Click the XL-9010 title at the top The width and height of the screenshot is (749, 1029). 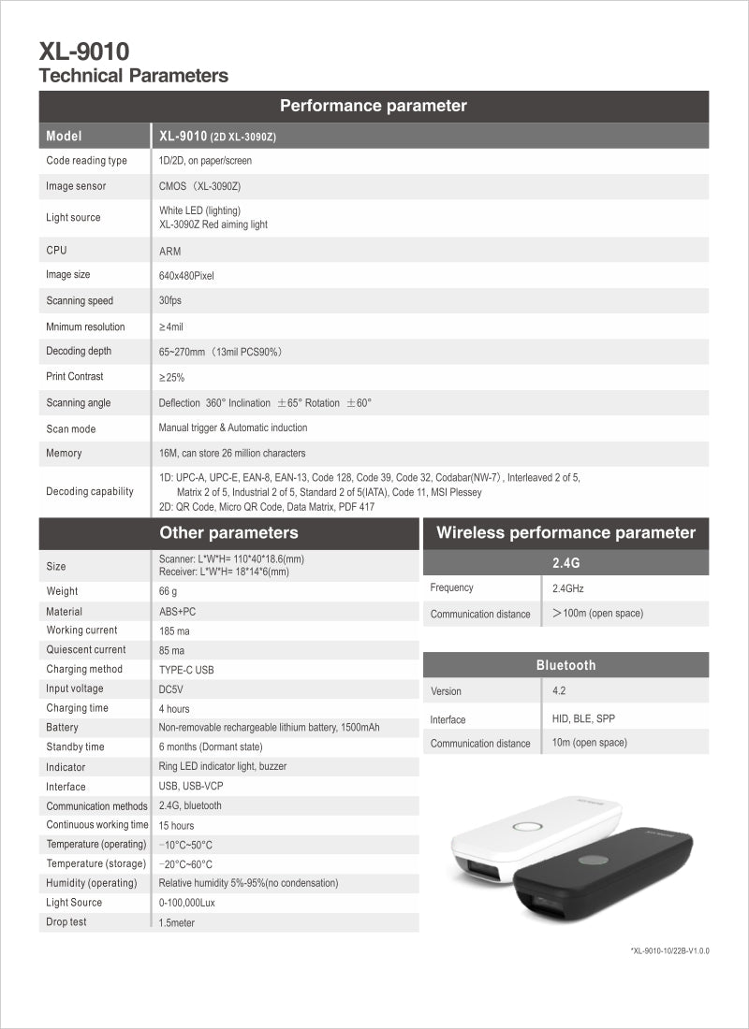tap(84, 51)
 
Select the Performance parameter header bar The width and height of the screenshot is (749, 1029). tap(374, 106)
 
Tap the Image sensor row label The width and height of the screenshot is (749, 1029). tap(76, 186)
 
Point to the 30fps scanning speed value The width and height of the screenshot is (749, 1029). tap(169, 301)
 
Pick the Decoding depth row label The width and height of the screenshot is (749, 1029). tap(79, 352)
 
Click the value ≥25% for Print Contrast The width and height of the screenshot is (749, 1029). tap(171, 377)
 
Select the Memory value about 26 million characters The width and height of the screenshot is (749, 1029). tap(232, 454)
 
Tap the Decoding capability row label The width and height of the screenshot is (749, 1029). tap(90, 492)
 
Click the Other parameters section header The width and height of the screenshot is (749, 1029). tap(228, 533)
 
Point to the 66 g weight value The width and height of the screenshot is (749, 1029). tap(168, 591)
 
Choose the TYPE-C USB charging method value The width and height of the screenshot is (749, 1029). tap(186, 670)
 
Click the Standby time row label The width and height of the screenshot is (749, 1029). tap(76, 747)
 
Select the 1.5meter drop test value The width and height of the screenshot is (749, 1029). tap(177, 923)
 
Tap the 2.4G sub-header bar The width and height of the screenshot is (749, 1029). tap(565, 563)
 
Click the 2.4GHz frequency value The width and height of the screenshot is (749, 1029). tap(568, 589)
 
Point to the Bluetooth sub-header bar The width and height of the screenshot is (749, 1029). tap(565, 665)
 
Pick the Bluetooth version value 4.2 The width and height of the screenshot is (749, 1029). tap(559, 691)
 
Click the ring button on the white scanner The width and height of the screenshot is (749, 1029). tap(528, 828)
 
